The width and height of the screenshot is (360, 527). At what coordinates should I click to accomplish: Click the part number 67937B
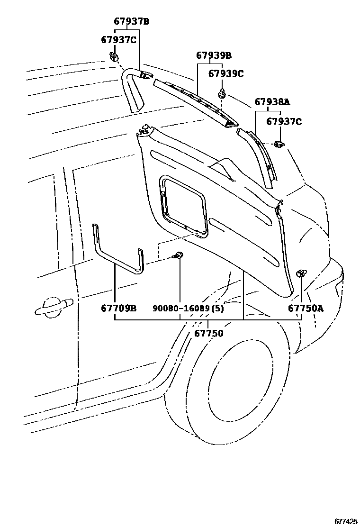click(x=131, y=21)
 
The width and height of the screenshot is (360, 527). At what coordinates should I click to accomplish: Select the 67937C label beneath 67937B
click(x=118, y=40)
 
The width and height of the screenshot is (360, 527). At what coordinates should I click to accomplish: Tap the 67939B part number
click(x=214, y=55)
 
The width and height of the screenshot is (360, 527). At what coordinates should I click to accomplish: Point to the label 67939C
click(x=226, y=73)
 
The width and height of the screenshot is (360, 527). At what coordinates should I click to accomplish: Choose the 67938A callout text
click(x=272, y=102)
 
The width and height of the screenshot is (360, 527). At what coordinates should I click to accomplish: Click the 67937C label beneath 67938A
click(x=284, y=121)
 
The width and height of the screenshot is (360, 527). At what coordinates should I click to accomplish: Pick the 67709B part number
click(x=118, y=309)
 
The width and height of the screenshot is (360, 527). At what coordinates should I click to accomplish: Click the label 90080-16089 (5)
click(x=188, y=309)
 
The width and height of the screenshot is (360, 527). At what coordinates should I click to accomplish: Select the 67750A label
click(x=306, y=309)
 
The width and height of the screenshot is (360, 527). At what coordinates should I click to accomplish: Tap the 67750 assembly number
click(x=208, y=333)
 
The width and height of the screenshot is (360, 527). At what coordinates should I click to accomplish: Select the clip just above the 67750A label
click(x=301, y=273)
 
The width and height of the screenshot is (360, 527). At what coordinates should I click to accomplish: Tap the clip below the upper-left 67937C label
click(x=114, y=57)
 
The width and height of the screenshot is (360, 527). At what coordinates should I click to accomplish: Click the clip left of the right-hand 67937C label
click(x=279, y=144)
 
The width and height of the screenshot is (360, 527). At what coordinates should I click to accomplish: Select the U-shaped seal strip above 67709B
click(x=118, y=251)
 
